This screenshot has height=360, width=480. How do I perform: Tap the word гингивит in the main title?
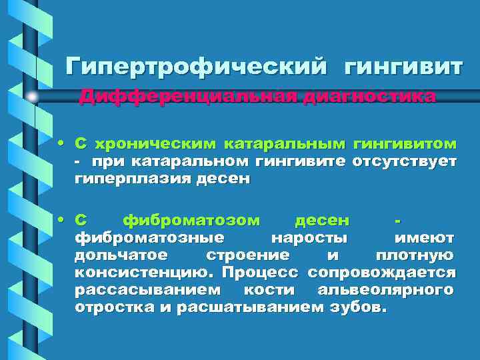tap(403, 67)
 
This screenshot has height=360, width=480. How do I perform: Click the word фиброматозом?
tap(197, 220)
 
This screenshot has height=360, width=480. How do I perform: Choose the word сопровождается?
tap(381, 273)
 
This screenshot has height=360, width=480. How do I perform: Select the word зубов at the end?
tap(361, 308)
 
